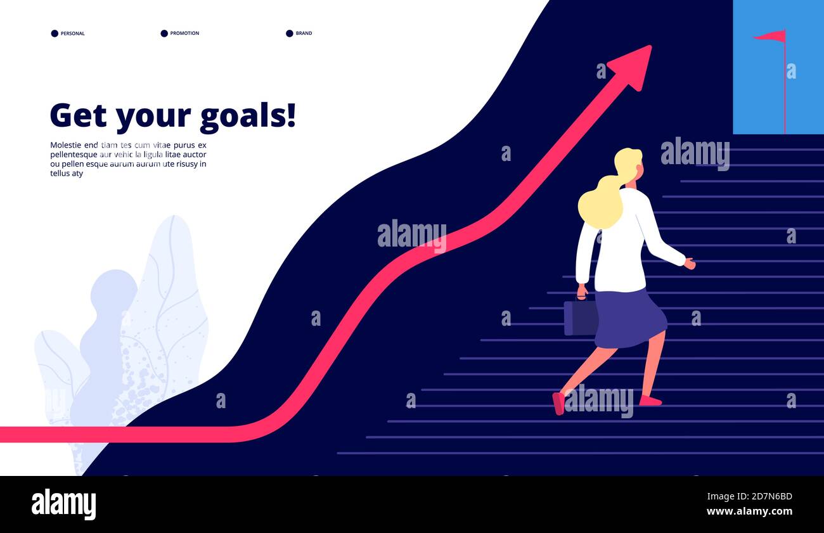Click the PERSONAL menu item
coord(72,34)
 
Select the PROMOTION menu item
coord(184,34)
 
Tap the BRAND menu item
coord(304,34)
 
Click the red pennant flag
coord(771,36)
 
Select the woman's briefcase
coord(580,317)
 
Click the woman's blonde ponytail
coord(600,203)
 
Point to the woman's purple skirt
coord(629,319)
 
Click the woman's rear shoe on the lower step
coord(558,403)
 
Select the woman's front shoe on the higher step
coord(650,401)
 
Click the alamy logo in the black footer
coord(63,504)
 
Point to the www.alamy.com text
coord(749,511)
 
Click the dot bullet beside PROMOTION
coord(164,34)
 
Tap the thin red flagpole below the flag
coord(785,95)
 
